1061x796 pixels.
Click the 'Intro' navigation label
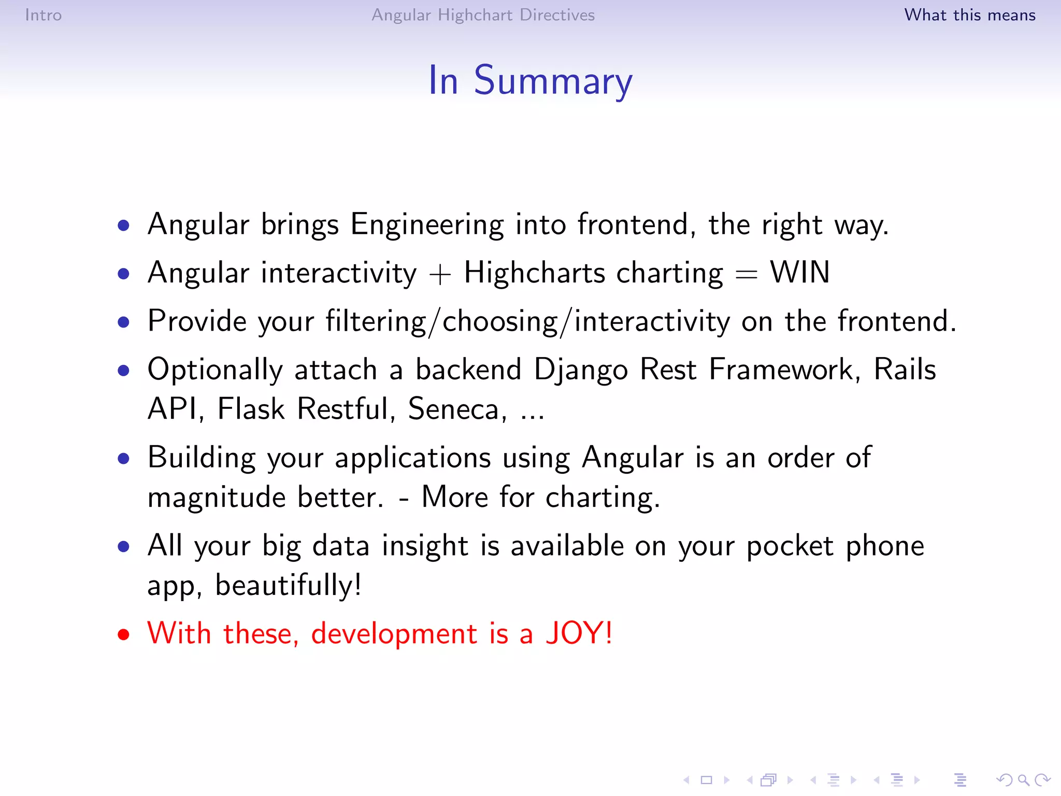tap(44, 15)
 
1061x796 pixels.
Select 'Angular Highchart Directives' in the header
tap(483, 15)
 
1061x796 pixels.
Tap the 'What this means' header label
tap(969, 15)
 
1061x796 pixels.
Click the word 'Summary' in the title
tap(553, 81)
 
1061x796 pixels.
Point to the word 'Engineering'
tap(427, 225)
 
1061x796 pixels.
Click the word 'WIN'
tap(799, 273)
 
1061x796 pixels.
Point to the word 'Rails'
tap(905, 370)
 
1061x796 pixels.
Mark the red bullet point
tap(123, 634)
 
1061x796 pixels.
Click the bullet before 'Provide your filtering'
tap(123, 322)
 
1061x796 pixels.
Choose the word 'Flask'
tap(251, 409)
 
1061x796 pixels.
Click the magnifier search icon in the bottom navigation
tap(1023, 779)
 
